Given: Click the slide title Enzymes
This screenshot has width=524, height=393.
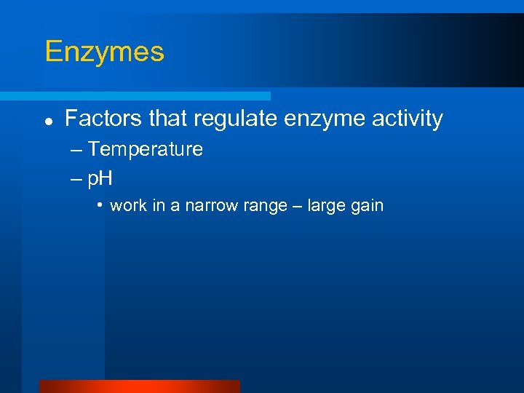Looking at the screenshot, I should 104,52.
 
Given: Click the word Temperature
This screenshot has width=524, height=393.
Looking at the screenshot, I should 146,150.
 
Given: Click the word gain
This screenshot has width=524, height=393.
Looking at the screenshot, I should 368,206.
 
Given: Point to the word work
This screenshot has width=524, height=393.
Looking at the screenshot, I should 128,206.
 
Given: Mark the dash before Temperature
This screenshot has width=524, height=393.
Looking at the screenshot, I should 77,151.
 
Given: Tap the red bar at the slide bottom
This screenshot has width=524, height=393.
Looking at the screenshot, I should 139,386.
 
